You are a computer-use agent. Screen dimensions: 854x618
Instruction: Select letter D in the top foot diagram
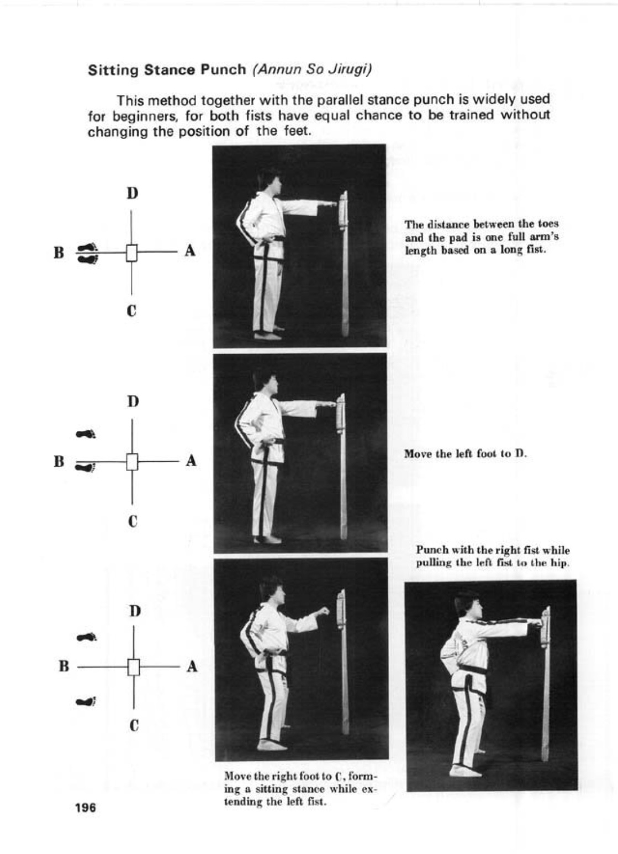coord(132,194)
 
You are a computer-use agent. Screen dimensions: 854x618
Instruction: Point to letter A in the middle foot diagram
coord(191,461)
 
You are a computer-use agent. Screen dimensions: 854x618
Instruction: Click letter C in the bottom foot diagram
coord(134,725)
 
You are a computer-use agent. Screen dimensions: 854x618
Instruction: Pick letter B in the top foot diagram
coord(59,253)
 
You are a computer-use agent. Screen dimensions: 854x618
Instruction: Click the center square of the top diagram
coord(131,253)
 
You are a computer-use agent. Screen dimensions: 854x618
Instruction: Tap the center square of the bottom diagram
coord(133,668)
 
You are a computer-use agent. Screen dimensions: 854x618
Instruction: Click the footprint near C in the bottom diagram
coord(87,702)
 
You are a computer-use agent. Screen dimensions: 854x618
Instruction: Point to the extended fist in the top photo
coord(330,204)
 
